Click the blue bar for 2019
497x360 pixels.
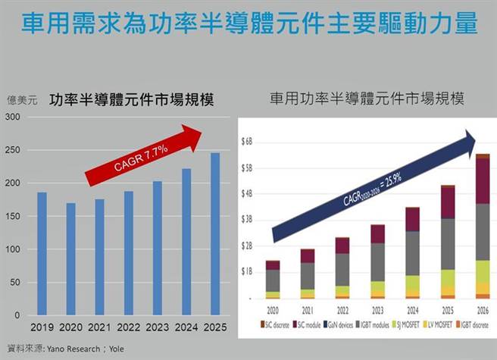point(42,253)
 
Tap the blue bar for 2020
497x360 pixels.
point(71,258)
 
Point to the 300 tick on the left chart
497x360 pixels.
point(14,116)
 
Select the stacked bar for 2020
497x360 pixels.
point(272,279)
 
